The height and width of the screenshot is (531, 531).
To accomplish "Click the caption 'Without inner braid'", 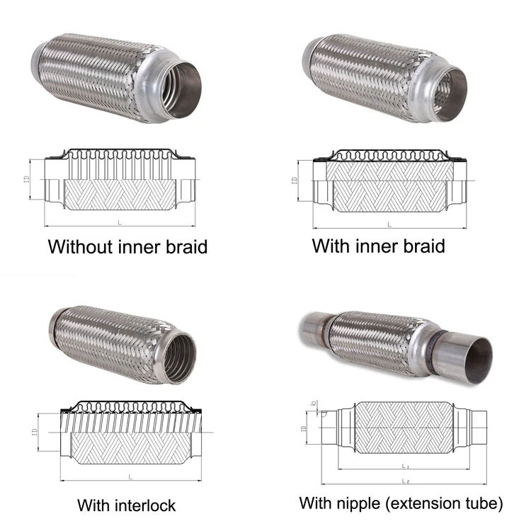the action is (127, 247).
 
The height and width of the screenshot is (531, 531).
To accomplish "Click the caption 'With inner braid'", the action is (379, 246).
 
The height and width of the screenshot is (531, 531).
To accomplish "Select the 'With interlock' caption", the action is (126, 506).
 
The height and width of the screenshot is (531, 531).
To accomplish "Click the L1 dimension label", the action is (405, 466).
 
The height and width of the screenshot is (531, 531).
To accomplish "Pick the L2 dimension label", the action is (405, 481).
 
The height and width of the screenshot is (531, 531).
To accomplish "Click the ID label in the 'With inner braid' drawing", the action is (295, 181).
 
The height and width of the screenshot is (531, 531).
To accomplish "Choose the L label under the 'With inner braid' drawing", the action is (389, 224).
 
